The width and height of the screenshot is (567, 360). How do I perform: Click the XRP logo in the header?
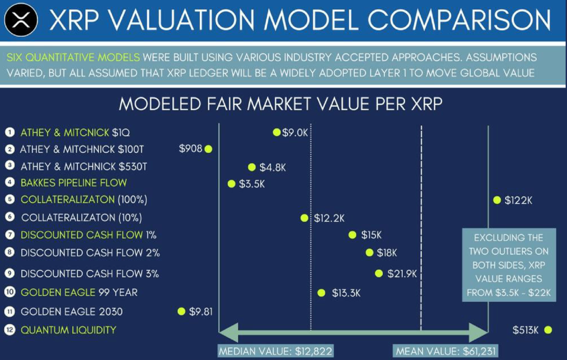pos(21,20)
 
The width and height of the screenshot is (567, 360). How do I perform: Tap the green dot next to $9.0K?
pos(277,132)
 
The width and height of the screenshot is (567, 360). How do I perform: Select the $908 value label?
pos(190,149)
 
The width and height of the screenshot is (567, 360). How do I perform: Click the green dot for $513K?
pos(548,330)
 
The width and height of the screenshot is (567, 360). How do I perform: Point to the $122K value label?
pos(518,200)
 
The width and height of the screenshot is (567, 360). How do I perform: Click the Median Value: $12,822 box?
pos(275,351)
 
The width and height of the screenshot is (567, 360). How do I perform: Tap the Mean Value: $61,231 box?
pos(446,351)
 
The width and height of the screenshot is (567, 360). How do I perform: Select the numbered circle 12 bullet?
pos(10,330)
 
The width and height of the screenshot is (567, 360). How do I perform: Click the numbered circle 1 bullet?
pos(10,132)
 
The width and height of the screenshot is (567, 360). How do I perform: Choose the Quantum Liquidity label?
pos(69,330)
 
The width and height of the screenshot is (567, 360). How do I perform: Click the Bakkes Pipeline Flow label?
pos(74,183)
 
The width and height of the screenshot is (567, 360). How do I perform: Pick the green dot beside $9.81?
pos(181,311)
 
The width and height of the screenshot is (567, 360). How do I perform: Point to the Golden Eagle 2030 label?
pos(72,311)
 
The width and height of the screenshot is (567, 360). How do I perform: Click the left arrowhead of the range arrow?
pos(228,332)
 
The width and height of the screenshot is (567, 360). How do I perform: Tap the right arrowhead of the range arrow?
pos(478,332)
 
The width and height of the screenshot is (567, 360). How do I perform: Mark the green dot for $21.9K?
pos(378,274)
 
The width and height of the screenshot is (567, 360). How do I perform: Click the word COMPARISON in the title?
pos(459,20)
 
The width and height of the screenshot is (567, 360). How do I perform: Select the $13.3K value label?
pos(346,293)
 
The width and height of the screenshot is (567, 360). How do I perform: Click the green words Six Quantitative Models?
pos(73,58)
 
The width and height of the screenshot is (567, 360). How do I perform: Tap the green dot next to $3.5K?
pos(232,184)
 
